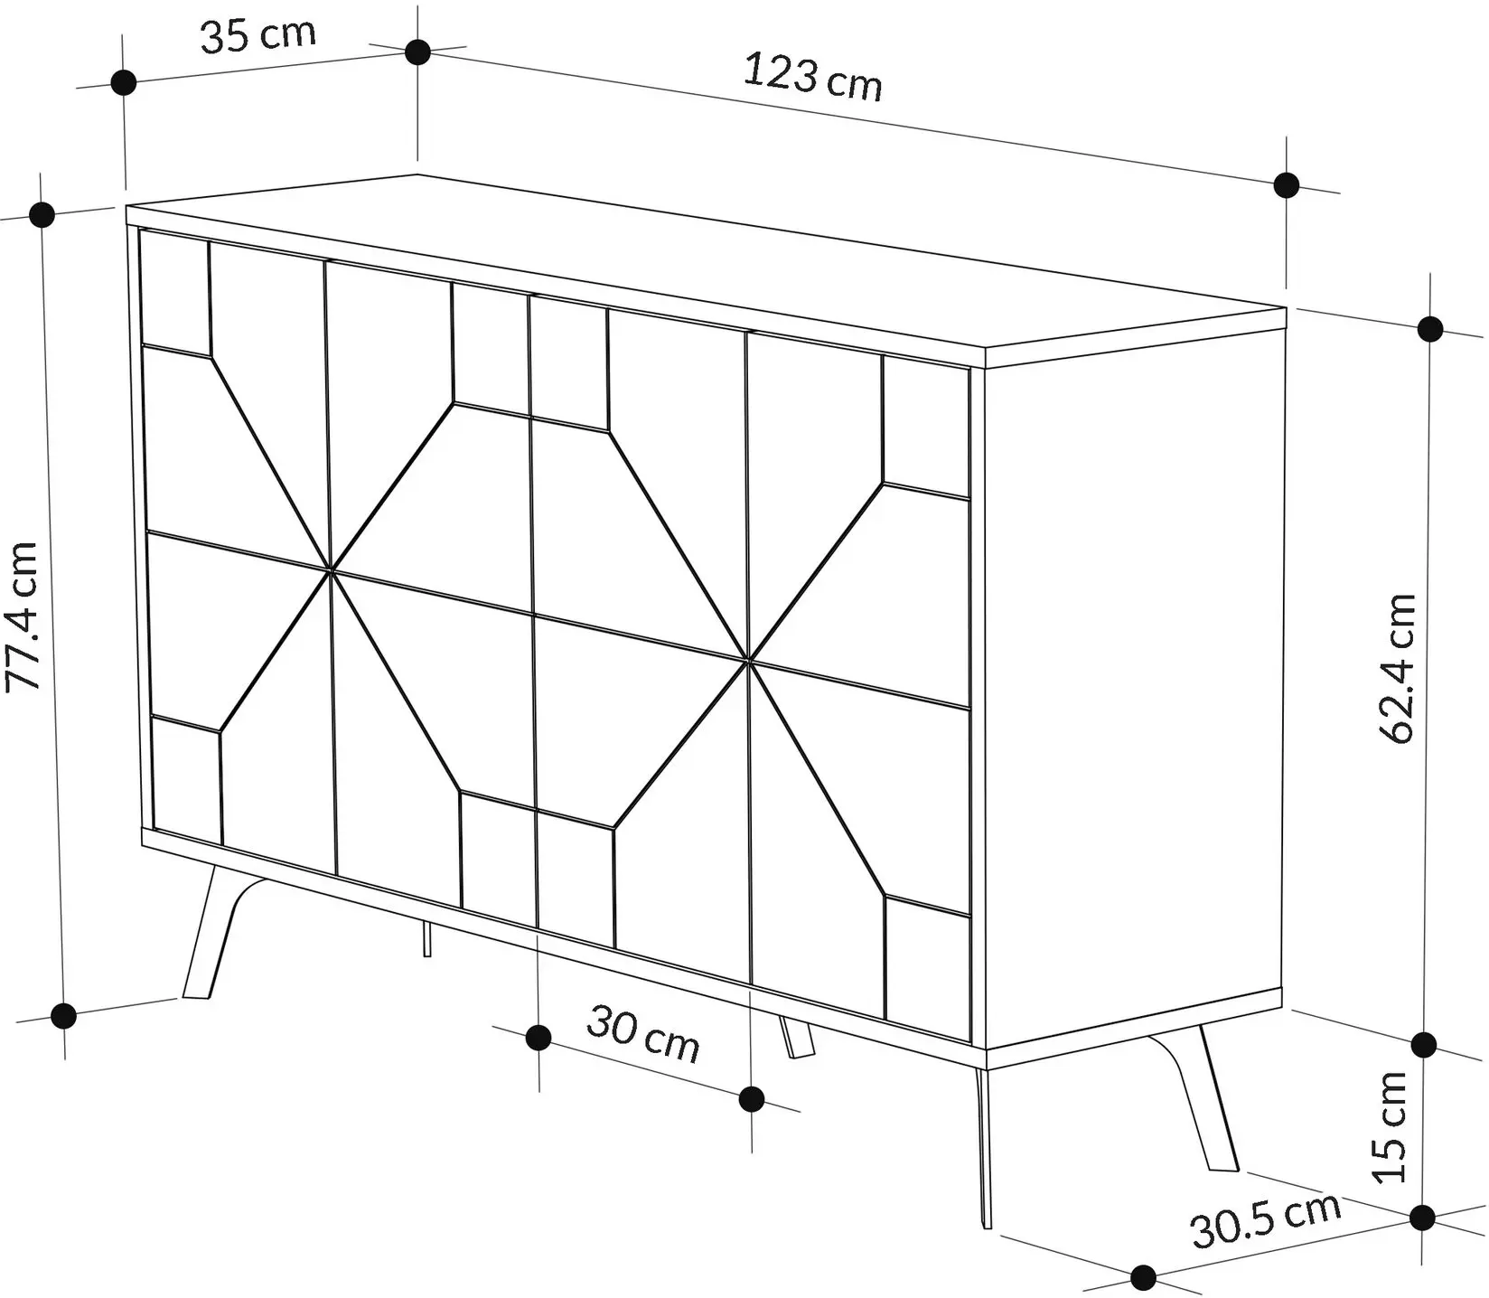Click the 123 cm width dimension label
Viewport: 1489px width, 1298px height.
[811, 78]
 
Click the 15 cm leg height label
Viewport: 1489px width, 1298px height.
[1390, 1125]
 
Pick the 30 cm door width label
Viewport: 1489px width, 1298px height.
[642, 1035]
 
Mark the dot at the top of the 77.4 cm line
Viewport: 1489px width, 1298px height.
[42, 215]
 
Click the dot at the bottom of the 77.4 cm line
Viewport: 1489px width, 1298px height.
[63, 1016]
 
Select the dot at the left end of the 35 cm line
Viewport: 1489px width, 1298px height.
[123, 82]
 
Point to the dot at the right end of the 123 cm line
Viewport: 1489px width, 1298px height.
[1287, 185]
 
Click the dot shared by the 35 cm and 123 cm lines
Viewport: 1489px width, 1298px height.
[417, 52]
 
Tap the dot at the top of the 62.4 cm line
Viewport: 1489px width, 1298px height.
[1430, 329]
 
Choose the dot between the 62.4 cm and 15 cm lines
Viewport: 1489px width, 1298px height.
[1424, 1045]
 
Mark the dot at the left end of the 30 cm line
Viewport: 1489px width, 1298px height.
[538, 1038]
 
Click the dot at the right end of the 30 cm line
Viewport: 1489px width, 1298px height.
[752, 1099]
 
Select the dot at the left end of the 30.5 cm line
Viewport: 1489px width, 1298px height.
[1143, 1277]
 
